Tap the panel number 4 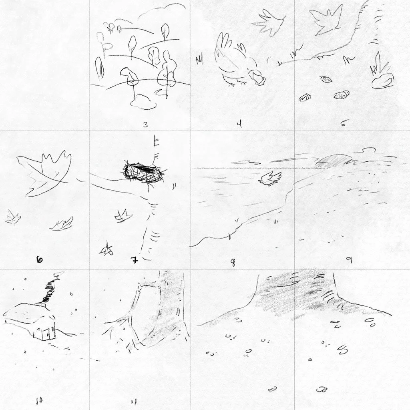[x=239, y=124]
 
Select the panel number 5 [x=343, y=123]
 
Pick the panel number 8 [x=233, y=263]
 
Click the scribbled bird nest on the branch [x=143, y=173]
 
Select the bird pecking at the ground [x=232, y=60]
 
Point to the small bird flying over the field [x=268, y=179]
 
